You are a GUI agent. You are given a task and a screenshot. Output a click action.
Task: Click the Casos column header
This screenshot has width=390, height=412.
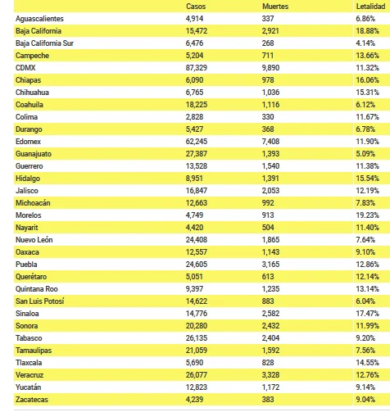point(196,7)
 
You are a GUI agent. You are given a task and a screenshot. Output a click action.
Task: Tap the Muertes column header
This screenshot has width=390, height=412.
point(275,7)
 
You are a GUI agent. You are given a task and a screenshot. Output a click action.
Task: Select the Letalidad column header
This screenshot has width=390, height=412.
point(370,7)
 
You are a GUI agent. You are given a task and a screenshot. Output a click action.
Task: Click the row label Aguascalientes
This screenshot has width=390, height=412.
point(39,19)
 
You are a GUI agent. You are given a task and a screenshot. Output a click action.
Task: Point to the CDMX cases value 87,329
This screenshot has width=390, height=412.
point(197,68)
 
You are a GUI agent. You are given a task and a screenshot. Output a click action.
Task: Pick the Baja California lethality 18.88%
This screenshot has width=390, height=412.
point(367,31)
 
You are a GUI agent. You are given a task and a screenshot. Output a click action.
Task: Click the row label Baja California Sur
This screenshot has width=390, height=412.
point(44,43)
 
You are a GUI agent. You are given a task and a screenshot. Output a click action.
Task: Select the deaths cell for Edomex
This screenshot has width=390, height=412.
point(270,142)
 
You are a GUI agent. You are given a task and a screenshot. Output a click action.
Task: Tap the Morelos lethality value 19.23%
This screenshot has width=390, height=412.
point(367,215)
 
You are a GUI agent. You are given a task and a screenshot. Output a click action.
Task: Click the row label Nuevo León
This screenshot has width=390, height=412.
point(34,240)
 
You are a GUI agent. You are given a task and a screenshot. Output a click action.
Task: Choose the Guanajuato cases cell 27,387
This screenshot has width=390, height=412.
point(197,154)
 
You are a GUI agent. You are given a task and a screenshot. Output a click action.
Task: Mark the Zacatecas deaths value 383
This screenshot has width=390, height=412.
point(268,400)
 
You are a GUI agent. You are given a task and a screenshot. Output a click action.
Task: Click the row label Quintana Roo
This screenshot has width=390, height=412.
point(37,289)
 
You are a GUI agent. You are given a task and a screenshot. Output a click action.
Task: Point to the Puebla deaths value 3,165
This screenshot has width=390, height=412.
point(270,265)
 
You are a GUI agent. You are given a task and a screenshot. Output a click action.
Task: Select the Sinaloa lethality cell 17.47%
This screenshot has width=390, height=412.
point(367,314)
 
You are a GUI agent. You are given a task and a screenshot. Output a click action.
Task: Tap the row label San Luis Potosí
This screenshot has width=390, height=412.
point(40,301)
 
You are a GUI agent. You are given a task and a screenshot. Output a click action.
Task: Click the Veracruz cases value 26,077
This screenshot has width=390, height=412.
point(197,375)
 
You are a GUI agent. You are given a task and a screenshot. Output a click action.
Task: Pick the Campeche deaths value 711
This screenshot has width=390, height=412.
point(268,56)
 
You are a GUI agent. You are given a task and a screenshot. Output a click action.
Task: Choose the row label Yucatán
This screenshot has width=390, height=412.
point(29,387)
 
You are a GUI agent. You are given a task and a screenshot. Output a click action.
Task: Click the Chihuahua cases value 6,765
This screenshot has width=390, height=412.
point(194,93)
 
